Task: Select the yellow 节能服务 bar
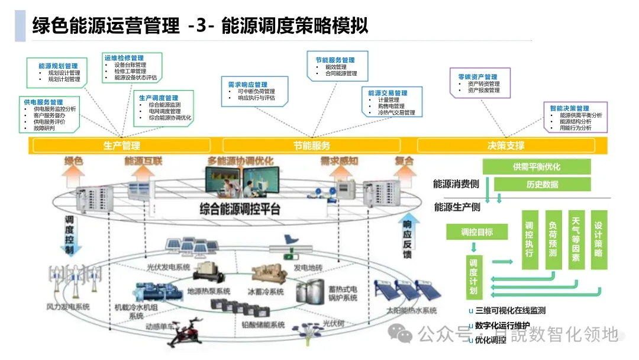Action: pyautogui.click(x=311, y=145)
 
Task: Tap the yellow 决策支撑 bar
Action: pyautogui.click(x=505, y=145)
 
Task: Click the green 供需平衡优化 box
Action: pyautogui.click(x=537, y=167)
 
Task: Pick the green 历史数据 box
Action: pyautogui.click(x=542, y=184)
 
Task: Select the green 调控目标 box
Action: pyautogui.click(x=477, y=232)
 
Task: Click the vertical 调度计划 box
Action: pyautogui.click(x=473, y=277)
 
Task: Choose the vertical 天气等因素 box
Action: pyautogui.click(x=576, y=239)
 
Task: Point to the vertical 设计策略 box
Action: pyautogui.click(x=598, y=236)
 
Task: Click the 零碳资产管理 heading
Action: pyautogui.click(x=477, y=77)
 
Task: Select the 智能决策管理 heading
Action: pyautogui.click(x=569, y=108)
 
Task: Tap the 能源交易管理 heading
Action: pyautogui.click(x=388, y=93)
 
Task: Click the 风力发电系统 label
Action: pyautogui.click(x=68, y=307)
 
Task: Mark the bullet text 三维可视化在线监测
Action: pyautogui.click(x=510, y=310)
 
